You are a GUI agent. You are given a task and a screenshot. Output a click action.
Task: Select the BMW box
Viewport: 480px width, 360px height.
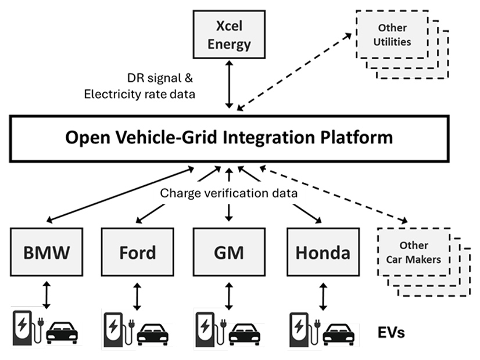[x=46, y=252]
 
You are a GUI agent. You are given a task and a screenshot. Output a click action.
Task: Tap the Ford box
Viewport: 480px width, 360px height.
[x=137, y=252]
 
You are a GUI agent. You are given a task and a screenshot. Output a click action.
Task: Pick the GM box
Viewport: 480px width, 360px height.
[x=228, y=252]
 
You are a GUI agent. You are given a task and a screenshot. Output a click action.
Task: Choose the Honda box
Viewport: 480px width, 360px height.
[x=323, y=252]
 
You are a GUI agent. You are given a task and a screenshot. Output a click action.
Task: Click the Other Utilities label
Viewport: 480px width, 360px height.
[x=393, y=35]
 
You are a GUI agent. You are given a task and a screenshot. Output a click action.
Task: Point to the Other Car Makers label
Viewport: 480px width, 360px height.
[x=413, y=252]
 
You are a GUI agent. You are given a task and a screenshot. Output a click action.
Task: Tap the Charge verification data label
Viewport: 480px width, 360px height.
[x=228, y=193]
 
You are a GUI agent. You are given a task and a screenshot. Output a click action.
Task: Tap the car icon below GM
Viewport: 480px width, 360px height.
[x=244, y=334]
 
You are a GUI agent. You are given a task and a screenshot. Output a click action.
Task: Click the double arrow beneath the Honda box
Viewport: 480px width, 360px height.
[x=323, y=296]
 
